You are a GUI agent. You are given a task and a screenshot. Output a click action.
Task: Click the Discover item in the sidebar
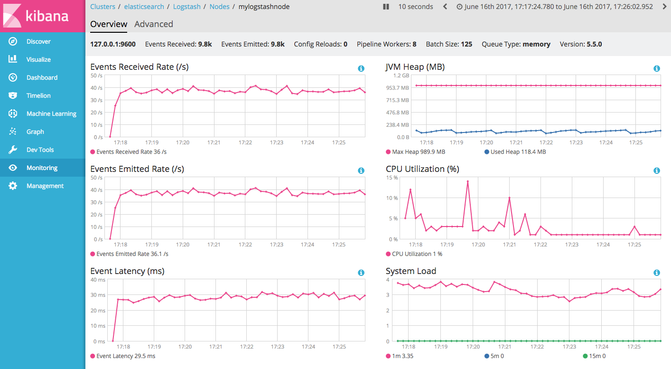pos(38,42)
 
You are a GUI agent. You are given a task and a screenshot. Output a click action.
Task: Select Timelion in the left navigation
pos(38,96)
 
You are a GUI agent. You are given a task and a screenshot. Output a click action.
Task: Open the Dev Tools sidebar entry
pos(40,150)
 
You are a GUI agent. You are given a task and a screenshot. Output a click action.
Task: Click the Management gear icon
pos(13,186)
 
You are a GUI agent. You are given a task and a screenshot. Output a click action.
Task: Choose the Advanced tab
pos(153,24)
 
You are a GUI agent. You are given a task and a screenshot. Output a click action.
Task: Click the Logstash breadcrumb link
pos(186,7)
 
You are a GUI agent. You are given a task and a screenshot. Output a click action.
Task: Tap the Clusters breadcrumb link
pos(103,7)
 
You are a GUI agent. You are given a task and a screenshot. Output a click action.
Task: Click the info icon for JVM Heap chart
pos(657,68)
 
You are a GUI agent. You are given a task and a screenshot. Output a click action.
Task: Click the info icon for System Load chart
pos(657,273)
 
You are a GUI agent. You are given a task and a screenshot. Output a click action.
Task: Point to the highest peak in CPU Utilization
pos(467,181)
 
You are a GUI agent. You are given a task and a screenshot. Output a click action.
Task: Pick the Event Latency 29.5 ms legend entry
pos(125,356)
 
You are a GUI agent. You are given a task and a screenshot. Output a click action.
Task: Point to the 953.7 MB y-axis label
pos(398,88)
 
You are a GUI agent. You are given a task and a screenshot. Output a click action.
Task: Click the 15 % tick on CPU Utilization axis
pos(392,178)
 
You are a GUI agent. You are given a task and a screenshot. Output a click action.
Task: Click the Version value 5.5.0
pos(594,44)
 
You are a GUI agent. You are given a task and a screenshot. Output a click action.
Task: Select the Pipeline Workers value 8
pos(414,44)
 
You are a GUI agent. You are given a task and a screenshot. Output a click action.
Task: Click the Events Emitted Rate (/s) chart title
pos(137,169)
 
